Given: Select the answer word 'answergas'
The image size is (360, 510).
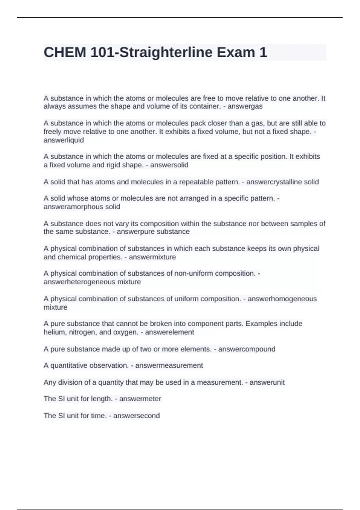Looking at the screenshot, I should pyautogui.click(x=245, y=106).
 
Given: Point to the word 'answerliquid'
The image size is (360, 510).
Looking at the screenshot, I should pyautogui.click(x=64, y=140).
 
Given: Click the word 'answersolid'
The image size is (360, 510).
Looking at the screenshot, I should pyautogui.click(x=169, y=165).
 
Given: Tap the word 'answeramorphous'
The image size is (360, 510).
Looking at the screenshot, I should pyautogui.click(x=73, y=207).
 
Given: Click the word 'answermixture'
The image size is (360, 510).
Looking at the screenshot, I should pyautogui.click(x=152, y=257).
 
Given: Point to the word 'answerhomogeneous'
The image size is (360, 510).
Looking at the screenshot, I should pyautogui.click(x=282, y=299).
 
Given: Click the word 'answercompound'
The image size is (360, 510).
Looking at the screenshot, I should pyautogui.click(x=247, y=349).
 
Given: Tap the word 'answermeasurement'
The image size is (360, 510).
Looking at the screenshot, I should pyautogui.click(x=169, y=365).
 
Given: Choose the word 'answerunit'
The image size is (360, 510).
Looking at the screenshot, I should pyautogui.click(x=267, y=382).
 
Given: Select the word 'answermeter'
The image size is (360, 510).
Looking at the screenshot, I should pyautogui.click(x=140, y=399).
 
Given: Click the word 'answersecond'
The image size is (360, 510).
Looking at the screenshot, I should pyautogui.click(x=136, y=415).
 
